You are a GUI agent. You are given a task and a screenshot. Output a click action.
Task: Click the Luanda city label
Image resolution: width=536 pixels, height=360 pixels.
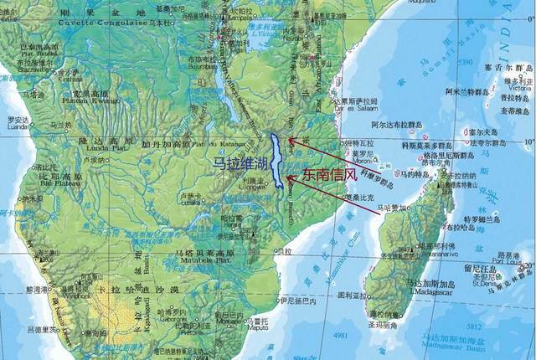[x=18, y=127]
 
